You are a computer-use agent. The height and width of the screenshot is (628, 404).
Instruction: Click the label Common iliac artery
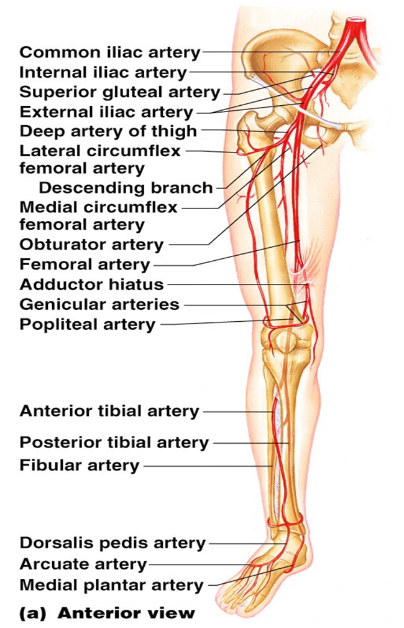click(x=110, y=52)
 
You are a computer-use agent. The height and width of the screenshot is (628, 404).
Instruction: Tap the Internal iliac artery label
click(x=103, y=72)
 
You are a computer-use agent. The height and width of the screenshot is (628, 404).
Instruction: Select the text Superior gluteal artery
click(x=120, y=93)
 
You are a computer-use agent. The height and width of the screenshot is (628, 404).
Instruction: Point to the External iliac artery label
click(x=106, y=113)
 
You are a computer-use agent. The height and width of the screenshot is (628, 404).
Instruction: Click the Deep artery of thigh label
click(x=108, y=131)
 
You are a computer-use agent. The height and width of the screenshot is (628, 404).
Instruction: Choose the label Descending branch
click(x=126, y=187)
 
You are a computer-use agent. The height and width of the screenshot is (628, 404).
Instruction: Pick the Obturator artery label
click(x=91, y=244)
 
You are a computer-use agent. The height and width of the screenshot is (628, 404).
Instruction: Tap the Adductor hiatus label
click(x=91, y=284)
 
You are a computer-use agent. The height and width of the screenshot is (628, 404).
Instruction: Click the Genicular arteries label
click(x=99, y=304)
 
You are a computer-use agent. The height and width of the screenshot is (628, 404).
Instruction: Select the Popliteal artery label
click(x=88, y=324)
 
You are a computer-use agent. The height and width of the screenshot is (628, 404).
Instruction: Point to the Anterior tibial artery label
click(x=109, y=411)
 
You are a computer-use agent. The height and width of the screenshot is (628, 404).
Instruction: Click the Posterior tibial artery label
click(x=114, y=443)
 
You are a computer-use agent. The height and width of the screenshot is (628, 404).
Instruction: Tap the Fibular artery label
click(x=80, y=465)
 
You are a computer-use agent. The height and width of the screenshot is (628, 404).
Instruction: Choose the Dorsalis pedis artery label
click(x=112, y=543)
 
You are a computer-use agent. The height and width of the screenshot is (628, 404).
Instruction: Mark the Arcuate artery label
click(x=83, y=565)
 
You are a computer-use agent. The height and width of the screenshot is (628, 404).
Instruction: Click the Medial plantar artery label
click(x=112, y=585)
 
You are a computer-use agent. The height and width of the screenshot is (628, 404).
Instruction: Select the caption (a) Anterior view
click(x=107, y=612)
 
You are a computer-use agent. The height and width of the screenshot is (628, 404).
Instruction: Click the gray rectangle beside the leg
click(x=375, y=425)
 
